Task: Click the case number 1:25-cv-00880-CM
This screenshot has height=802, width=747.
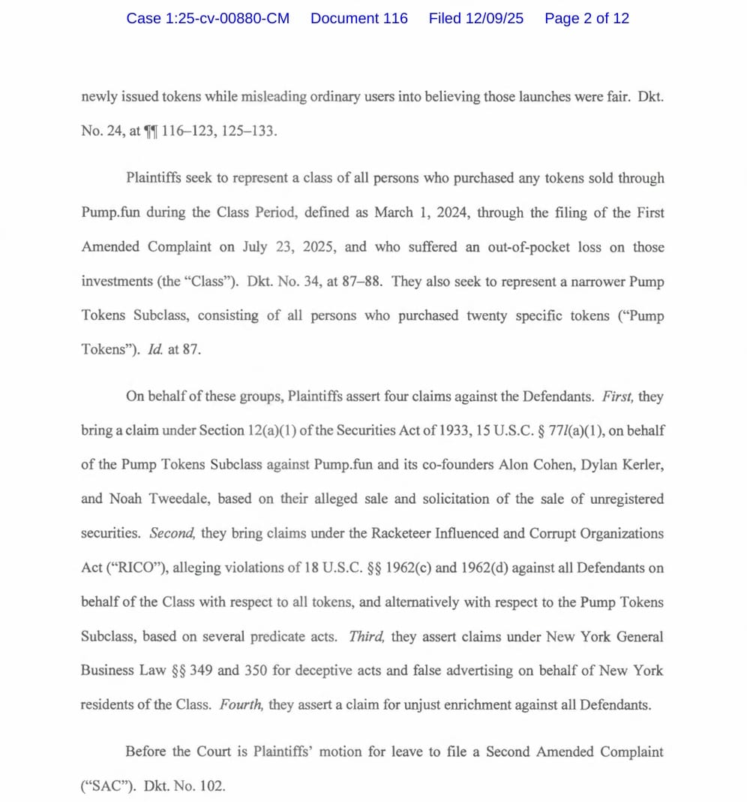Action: pos(208,19)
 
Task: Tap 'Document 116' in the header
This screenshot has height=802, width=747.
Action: pos(359,19)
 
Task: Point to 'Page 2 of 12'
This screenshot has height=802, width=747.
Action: pos(586,19)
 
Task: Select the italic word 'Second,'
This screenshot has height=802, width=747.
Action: pos(172,533)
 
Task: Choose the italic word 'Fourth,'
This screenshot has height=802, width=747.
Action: pos(240,705)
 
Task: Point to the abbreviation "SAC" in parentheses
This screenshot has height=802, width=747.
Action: pos(100,786)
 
